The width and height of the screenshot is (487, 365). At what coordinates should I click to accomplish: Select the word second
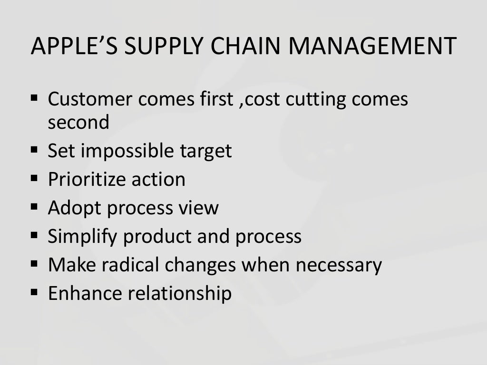pos(78,123)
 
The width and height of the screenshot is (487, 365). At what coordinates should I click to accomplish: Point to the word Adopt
pos(69,208)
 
